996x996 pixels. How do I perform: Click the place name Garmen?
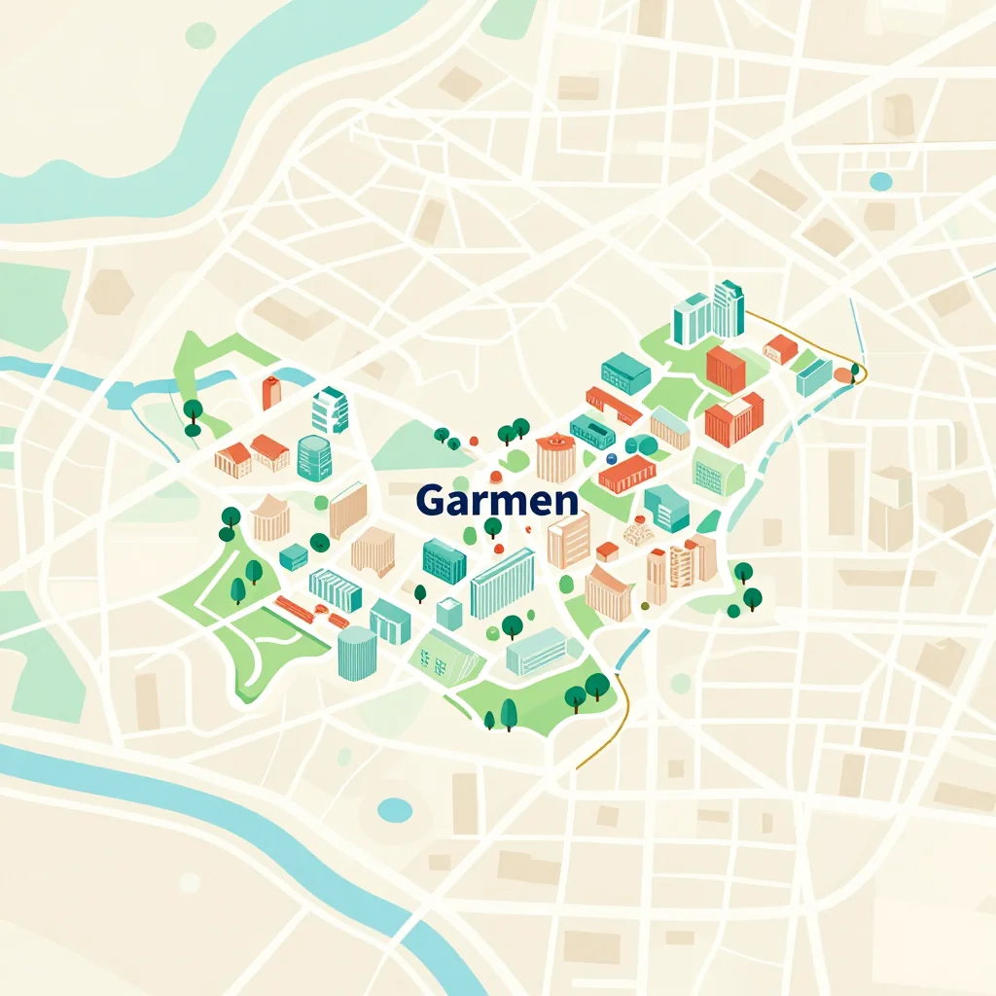[496, 500]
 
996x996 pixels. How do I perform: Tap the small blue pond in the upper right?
[880, 181]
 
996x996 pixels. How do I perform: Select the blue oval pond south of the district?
[395, 809]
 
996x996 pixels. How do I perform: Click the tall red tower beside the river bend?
[271, 391]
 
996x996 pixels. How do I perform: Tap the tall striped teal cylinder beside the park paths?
[356, 652]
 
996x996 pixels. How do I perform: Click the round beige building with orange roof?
[555, 457]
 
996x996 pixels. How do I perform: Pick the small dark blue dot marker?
[611, 457]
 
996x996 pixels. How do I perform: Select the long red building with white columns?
[626, 474]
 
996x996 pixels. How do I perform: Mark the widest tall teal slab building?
[502, 583]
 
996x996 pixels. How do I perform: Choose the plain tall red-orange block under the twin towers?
[725, 369]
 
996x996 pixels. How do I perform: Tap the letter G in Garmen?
[428, 500]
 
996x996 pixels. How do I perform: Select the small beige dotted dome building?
[638, 530]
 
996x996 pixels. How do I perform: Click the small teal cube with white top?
[448, 613]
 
